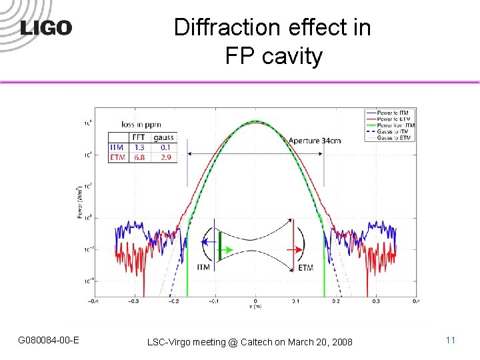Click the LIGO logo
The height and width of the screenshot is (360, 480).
pyautogui.click(x=45, y=27)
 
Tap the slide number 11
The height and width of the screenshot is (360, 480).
pyautogui.click(x=451, y=341)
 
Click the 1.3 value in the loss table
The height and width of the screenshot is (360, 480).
pyautogui.click(x=139, y=147)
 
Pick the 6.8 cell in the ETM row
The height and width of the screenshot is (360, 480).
pyautogui.click(x=139, y=157)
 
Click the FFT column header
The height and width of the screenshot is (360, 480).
pyautogui.click(x=139, y=137)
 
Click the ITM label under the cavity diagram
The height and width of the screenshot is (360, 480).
pyautogui.click(x=203, y=267)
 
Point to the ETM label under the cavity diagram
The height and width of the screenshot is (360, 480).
pyautogui.click(x=305, y=267)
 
